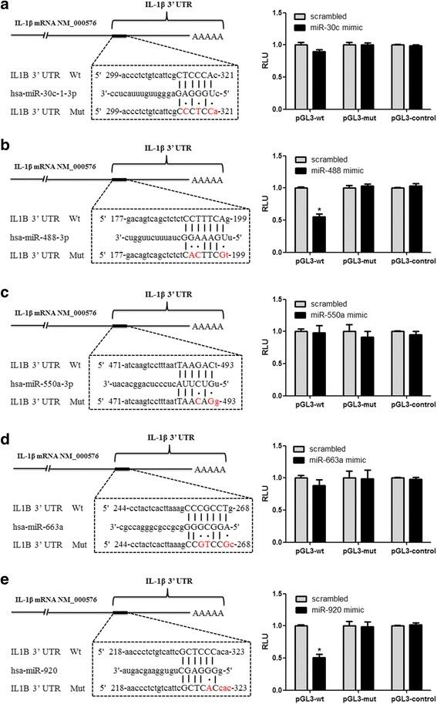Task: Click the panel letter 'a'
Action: [5, 6]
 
